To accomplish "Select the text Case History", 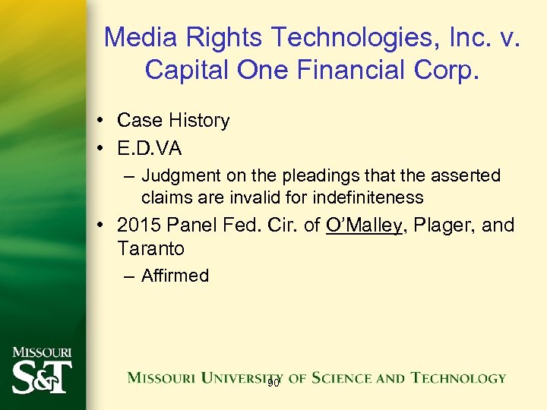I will [x=173, y=120].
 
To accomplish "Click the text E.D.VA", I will [x=150, y=148].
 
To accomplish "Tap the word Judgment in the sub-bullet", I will [x=179, y=176].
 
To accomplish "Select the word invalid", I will [x=246, y=197].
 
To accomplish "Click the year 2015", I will [x=139, y=225].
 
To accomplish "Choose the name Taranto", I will [x=150, y=248].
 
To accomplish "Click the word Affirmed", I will [x=175, y=276].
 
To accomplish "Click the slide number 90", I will [x=273, y=383].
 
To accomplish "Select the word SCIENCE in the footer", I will [x=357, y=377].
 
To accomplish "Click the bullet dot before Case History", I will [x=101, y=121].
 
